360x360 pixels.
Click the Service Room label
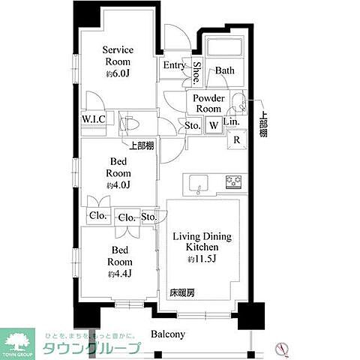[117, 56]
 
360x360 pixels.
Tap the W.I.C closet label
[92, 118]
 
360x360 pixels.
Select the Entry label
[174, 65]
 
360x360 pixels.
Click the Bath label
[225, 70]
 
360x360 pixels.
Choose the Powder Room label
[209, 103]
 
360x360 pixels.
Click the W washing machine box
[214, 125]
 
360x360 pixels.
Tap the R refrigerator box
[237, 139]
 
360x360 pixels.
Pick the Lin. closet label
[232, 121]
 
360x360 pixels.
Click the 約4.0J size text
[118, 185]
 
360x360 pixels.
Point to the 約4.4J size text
[120, 274]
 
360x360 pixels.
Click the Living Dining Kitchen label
[202, 241]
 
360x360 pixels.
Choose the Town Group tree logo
[20, 338]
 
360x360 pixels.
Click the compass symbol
[283, 346]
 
